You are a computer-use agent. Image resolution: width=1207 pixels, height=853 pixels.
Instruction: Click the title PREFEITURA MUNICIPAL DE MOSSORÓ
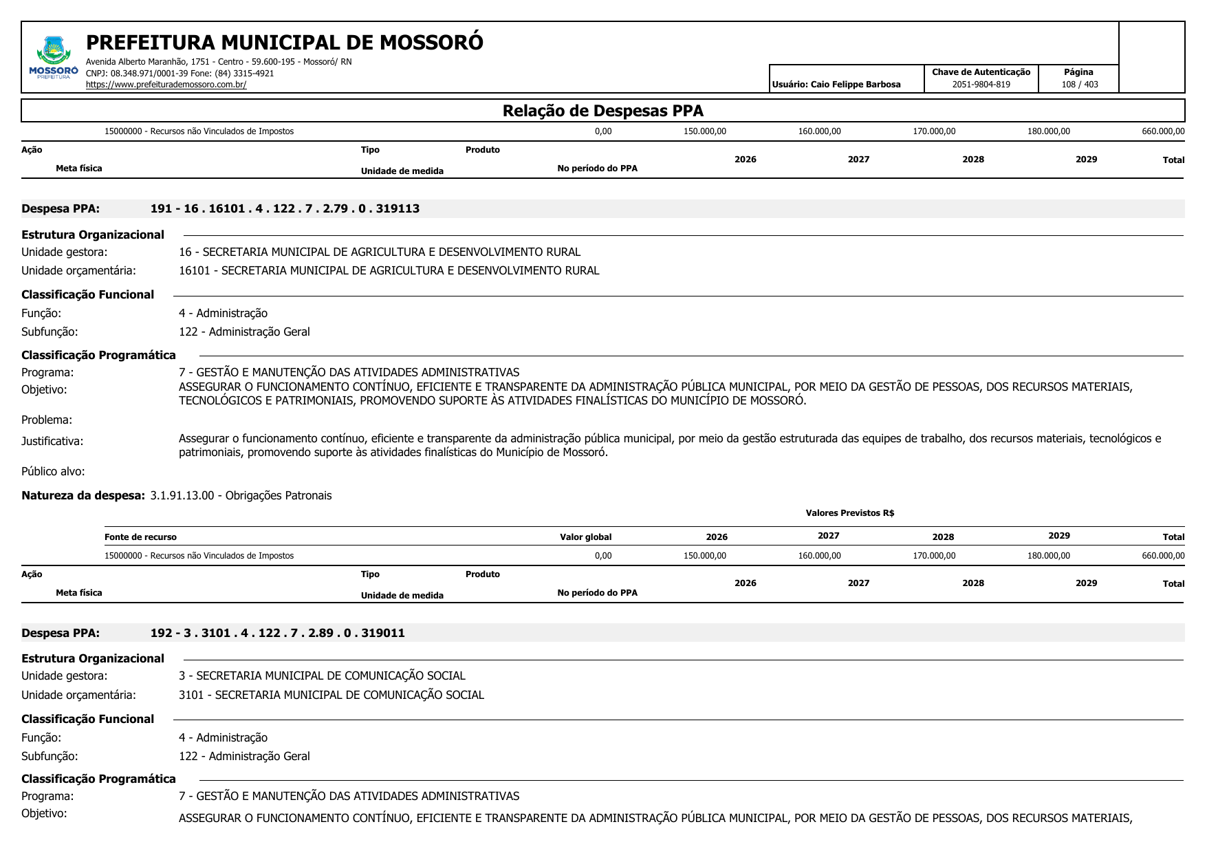coord(285,43)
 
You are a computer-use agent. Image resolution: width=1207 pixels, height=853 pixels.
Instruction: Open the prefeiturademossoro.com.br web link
coord(166,85)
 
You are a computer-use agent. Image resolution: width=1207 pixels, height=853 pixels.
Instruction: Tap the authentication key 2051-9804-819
coord(981,85)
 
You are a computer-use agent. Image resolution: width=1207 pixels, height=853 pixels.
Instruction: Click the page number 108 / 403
coord(1080,85)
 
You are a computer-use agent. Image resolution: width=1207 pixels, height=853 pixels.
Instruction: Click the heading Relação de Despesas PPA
coord(602,111)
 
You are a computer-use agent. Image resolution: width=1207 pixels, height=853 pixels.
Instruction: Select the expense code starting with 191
coord(285,208)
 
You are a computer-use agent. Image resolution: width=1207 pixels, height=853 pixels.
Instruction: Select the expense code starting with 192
coord(277,633)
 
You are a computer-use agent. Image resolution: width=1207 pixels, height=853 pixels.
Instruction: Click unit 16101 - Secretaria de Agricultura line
coord(389,270)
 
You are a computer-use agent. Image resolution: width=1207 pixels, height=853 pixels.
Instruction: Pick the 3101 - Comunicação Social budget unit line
coord(331,695)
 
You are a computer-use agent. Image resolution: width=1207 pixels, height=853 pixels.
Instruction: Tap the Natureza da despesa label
coord(83,495)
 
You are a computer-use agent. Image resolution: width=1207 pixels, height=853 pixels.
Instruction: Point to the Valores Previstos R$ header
coord(849,513)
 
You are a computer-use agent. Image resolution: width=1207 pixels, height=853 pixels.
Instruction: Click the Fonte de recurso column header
coord(140,537)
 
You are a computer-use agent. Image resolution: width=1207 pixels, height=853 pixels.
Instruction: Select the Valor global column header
coord(585,537)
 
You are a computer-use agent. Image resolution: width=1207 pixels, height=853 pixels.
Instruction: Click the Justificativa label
coord(52,441)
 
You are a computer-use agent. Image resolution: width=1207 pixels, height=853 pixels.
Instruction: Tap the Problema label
coord(47,420)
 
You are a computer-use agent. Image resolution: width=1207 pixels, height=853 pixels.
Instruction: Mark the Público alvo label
coord(53,471)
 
